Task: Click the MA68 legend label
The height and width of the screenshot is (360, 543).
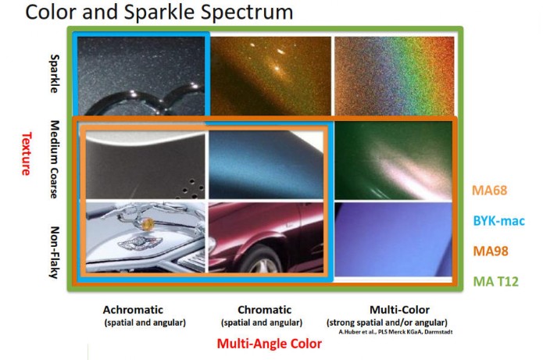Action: coord(489,190)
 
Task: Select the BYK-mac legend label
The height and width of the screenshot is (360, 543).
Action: coord(498,220)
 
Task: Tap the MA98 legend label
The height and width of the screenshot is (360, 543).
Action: coord(491,251)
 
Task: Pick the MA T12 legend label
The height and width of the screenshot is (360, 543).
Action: coord(495,281)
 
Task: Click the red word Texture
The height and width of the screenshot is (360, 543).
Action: coord(27,154)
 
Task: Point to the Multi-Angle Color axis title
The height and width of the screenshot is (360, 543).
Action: coord(269,344)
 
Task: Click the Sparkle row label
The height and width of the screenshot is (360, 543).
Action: coord(55,73)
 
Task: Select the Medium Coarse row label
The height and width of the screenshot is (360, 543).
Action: coord(55,159)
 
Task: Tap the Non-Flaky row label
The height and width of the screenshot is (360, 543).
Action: coord(55,252)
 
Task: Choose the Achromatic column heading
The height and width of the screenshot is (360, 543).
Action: coord(133,309)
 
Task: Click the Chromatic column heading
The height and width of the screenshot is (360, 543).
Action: coord(265,309)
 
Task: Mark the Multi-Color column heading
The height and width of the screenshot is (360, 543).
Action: coord(399,309)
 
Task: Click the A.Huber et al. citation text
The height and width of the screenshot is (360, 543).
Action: coord(395,332)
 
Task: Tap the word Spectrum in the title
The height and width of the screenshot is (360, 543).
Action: coord(247,12)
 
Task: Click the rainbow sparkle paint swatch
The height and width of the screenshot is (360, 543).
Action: coord(394,76)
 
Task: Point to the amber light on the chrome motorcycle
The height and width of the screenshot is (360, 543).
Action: coord(148,223)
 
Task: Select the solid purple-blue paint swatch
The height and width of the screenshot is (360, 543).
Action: coord(394,240)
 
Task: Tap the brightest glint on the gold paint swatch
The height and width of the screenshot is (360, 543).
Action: coord(277,68)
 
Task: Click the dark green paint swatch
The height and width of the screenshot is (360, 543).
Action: coord(394,160)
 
